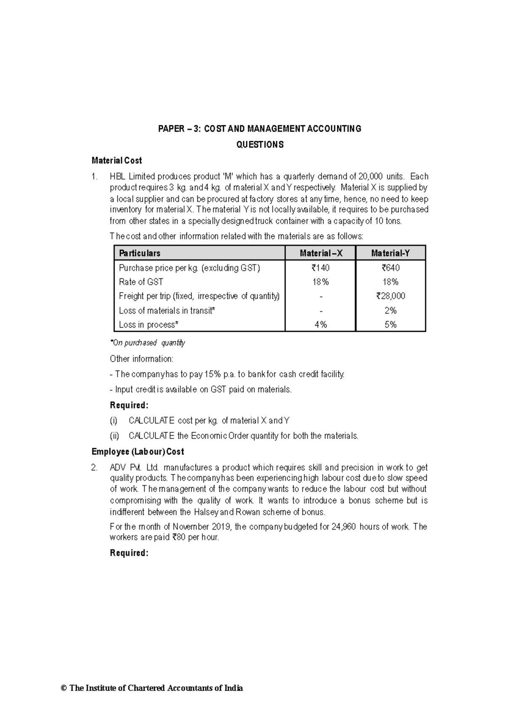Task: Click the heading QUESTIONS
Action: point(260,145)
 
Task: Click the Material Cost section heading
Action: point(117,161)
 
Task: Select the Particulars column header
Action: point(140,253)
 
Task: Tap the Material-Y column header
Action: point(390,253)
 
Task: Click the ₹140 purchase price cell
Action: point(320,268)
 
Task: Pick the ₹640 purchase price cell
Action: point(390,268)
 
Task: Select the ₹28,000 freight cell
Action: point(390,296)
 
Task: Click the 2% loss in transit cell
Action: point(390,310)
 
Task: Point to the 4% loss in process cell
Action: point(320,325)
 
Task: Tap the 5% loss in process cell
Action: point(390,325)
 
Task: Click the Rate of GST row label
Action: point(141,282)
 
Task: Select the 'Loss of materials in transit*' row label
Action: point(167,310)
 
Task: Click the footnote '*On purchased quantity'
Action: point(147,343)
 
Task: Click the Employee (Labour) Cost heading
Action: point(138,452)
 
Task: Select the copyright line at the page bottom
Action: point(152,688)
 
